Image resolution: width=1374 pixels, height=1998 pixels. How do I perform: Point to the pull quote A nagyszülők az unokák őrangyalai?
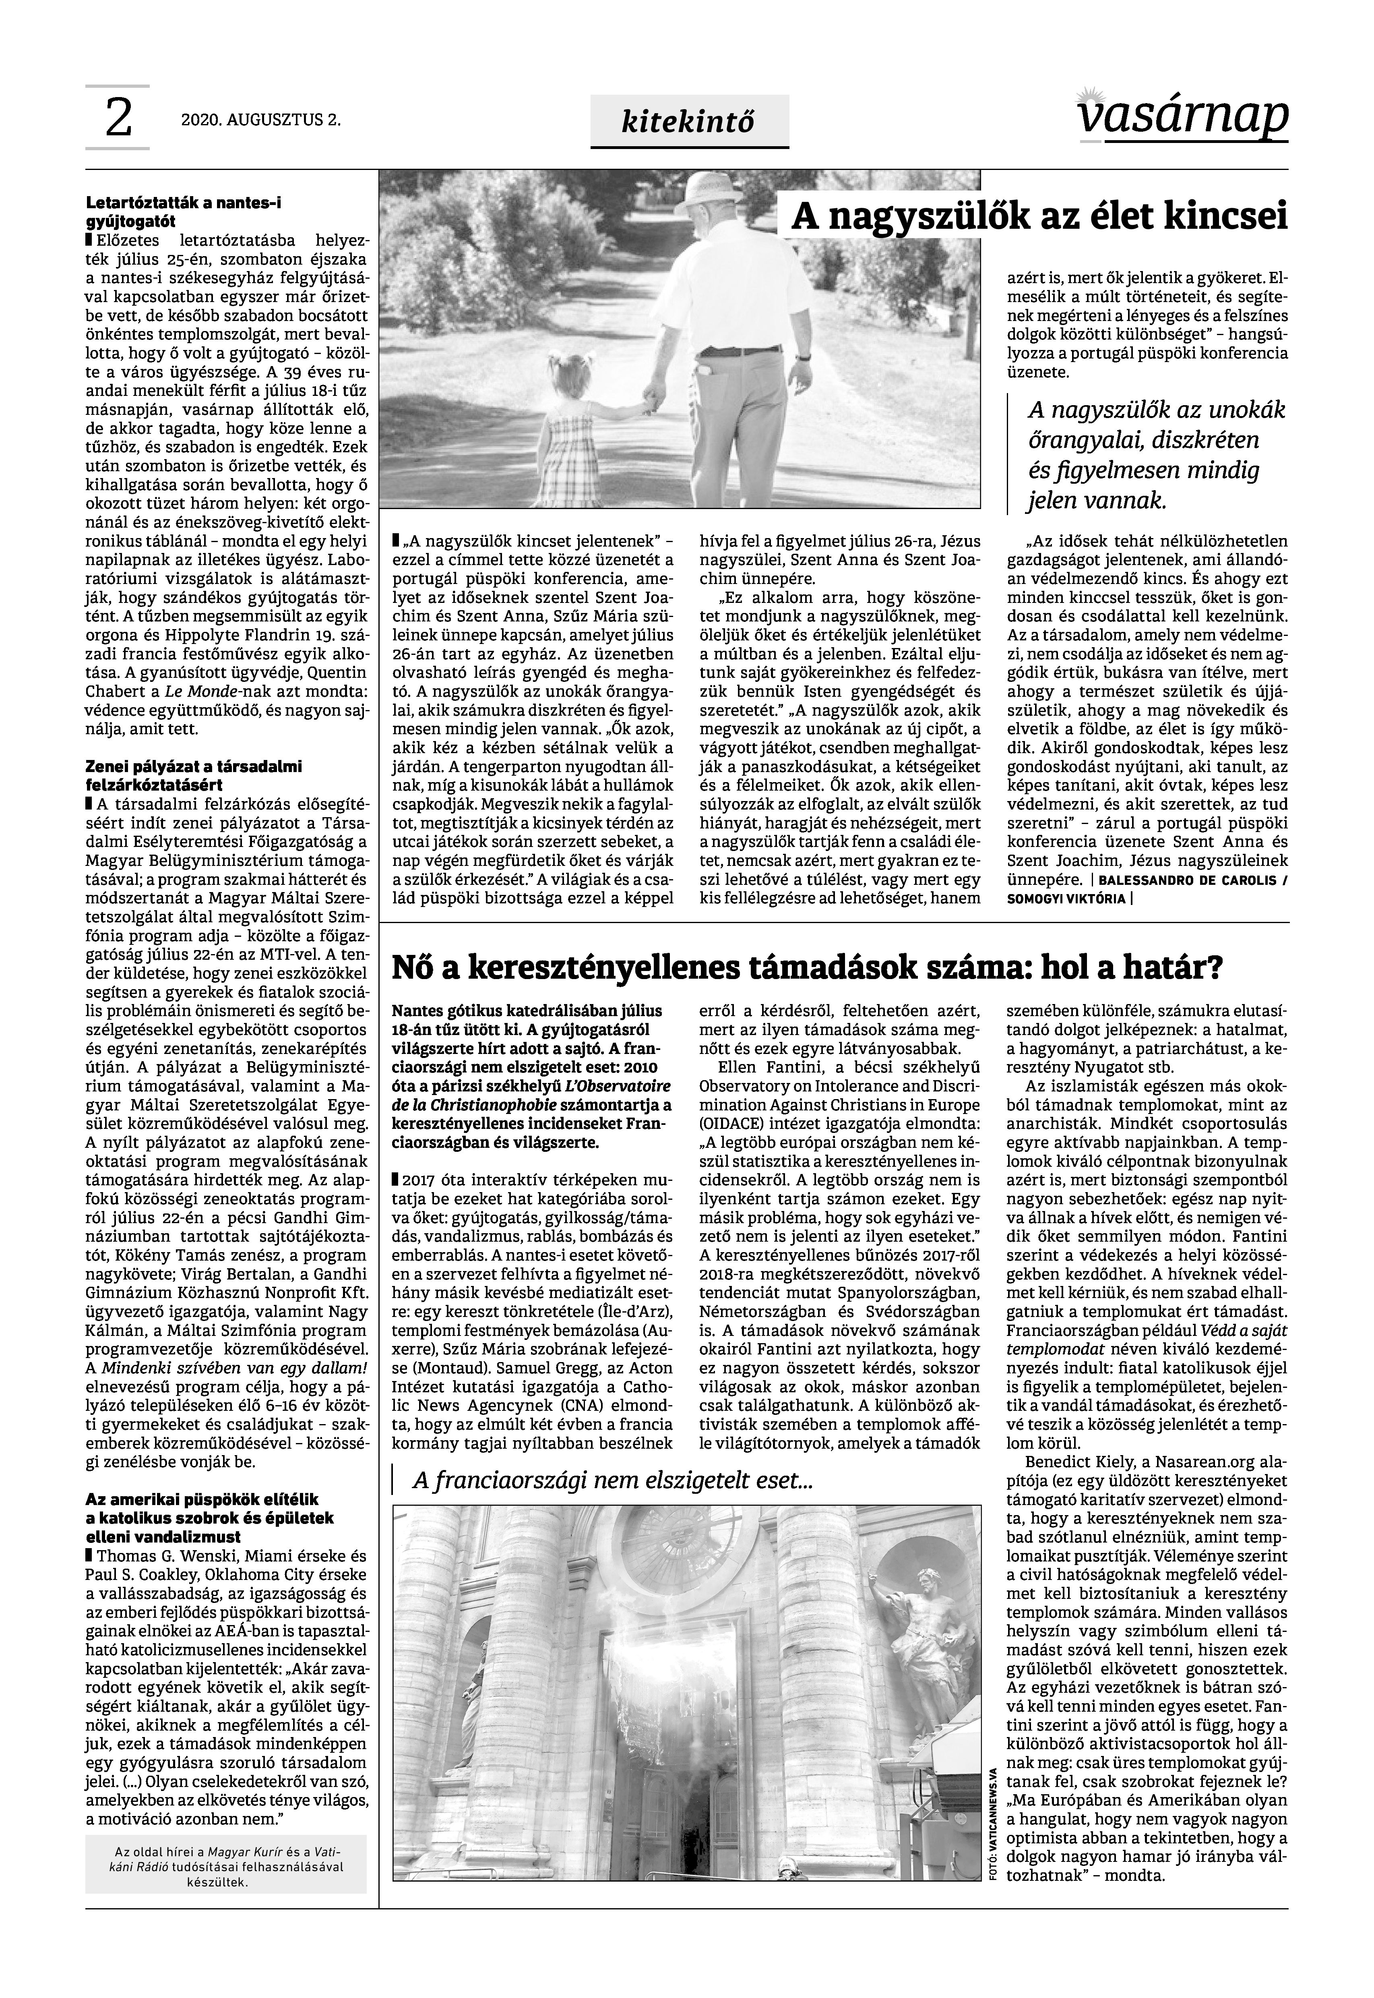point(1156,455)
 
